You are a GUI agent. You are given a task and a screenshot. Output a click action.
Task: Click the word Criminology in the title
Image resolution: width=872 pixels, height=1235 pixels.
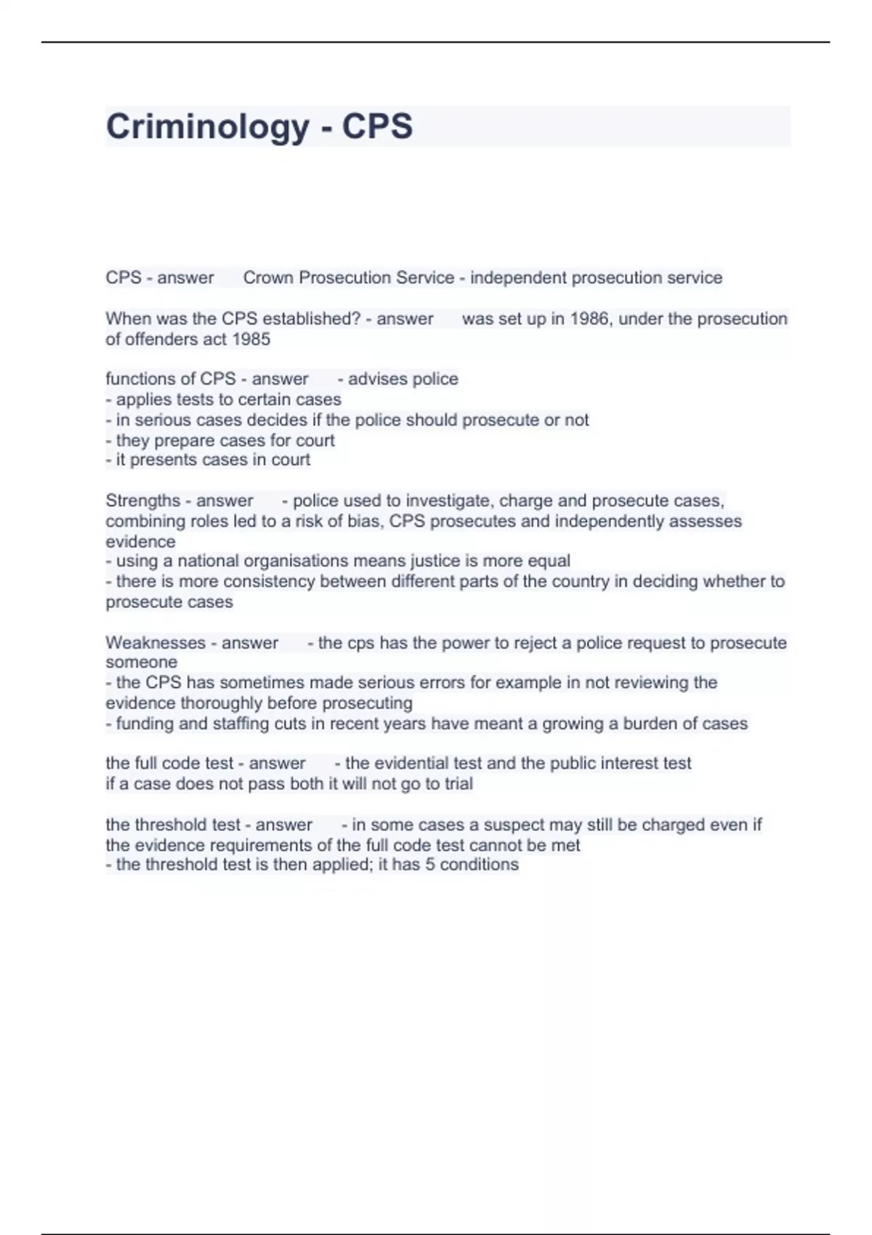[208, 126]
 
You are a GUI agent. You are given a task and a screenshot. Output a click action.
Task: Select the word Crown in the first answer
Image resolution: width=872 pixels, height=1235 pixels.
[268, 278]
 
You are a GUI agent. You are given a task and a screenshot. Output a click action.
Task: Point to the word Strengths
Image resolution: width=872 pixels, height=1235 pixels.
[142, 501]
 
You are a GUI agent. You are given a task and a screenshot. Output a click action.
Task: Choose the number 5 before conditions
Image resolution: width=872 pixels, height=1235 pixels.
[430, 864]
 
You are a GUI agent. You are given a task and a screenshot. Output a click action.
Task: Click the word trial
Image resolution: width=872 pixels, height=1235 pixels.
[459, 784]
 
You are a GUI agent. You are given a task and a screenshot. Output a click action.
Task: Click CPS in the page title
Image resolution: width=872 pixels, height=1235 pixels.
[377, 126]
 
